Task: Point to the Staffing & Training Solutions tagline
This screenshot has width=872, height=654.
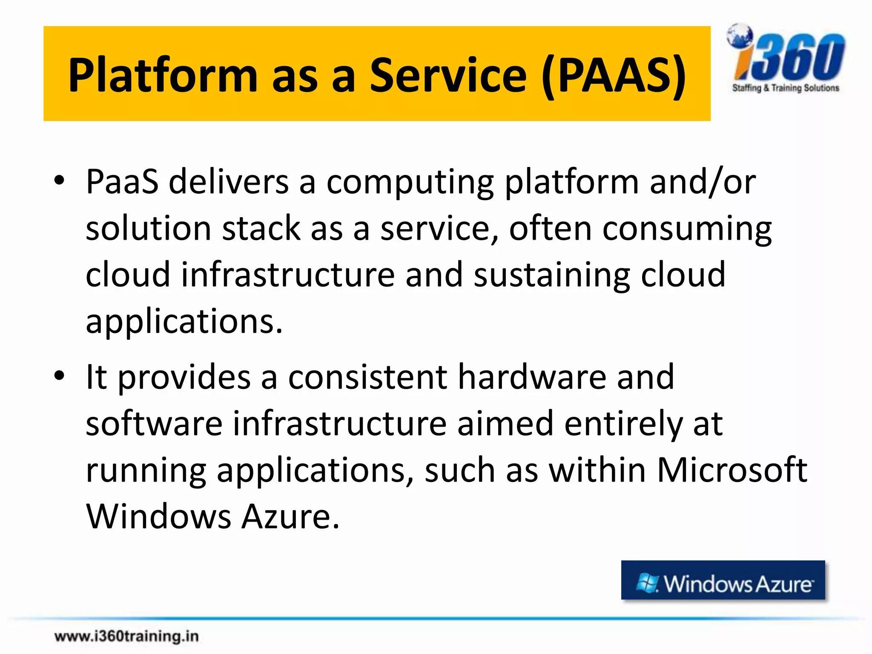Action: (x=785, y=88)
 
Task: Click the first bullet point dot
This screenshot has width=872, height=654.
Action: (x=59, y=181)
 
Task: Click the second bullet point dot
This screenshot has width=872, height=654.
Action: (x=59, y=376)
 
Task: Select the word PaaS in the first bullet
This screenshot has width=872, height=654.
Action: (x=122, y=181)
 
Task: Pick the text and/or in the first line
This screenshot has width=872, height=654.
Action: (x=703, y=181)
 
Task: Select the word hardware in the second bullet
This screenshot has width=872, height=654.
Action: (x=532, y=377)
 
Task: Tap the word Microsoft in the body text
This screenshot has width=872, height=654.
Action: (x=731, y=470)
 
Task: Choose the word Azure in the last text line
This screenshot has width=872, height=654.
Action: (x=290, y=516)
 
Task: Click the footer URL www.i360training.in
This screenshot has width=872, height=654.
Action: (x=126, y=636)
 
